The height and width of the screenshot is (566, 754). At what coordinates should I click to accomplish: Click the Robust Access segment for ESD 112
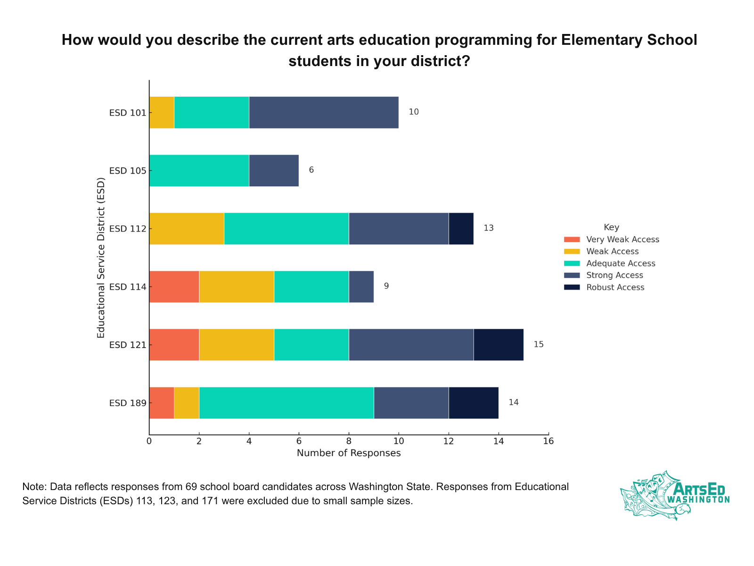[461, 229]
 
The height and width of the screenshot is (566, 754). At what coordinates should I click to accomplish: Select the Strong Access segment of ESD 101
[324, 112]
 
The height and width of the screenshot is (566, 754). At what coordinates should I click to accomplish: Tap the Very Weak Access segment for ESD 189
[162, 403]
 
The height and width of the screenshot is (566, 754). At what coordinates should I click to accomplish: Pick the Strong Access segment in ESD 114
[361, 287]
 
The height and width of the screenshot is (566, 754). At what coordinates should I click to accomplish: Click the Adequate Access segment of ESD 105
[199, 171]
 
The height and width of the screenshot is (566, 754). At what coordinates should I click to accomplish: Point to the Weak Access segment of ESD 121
[237, 345]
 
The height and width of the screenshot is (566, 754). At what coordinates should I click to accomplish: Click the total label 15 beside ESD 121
[538, 345]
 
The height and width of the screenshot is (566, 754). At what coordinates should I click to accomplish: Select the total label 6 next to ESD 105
[311, 170]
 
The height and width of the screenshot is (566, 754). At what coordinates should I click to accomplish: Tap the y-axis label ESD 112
[124, 229]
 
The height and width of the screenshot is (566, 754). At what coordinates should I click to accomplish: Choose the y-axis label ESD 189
[124, 403]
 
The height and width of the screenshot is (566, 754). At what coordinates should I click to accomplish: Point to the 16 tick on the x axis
[548, 441]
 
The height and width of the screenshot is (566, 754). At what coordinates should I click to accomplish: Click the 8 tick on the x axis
[349, 441]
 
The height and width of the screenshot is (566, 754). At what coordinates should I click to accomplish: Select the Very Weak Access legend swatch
[572, 240]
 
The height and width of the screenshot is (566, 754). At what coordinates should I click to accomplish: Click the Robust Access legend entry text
[615, 288]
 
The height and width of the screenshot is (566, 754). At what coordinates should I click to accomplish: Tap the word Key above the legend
[611, 227]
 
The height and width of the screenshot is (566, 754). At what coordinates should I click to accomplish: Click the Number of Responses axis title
[349, 454]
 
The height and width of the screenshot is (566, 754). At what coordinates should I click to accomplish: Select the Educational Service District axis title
[100, 258]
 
